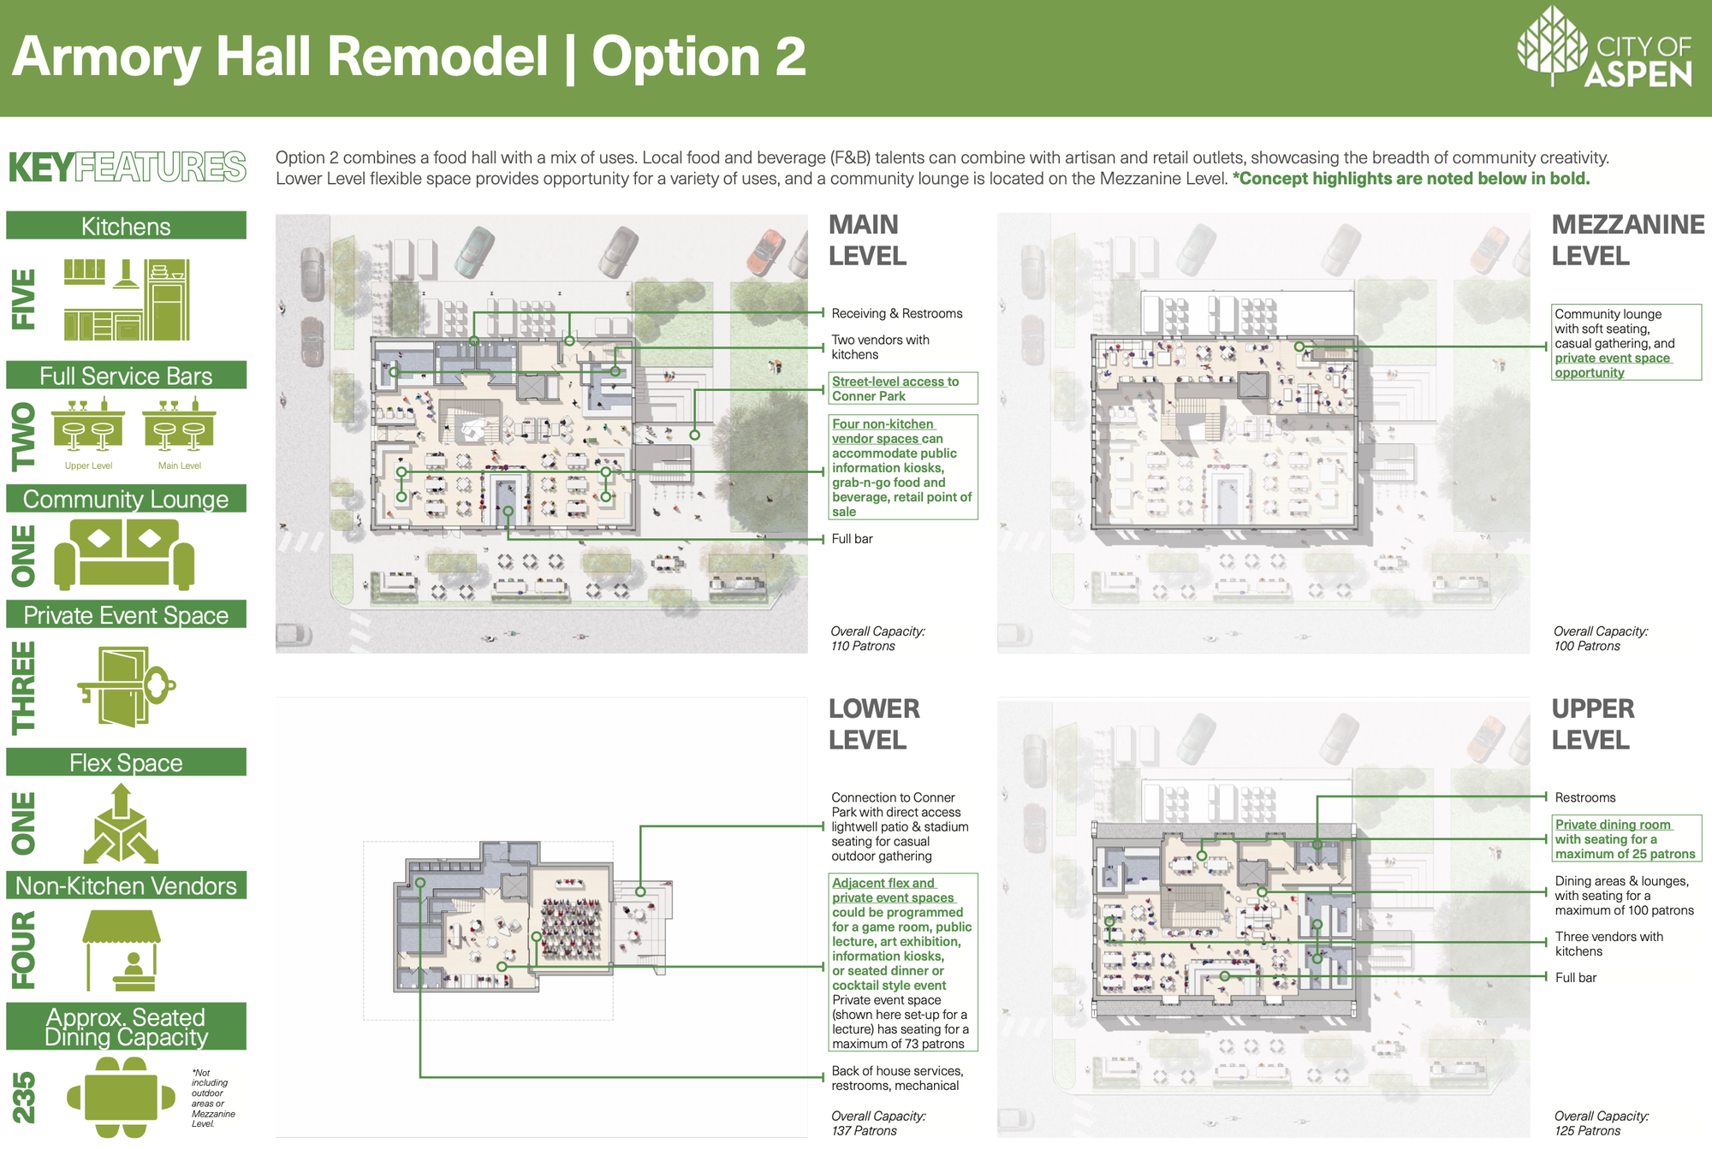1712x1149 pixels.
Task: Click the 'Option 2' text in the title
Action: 698,56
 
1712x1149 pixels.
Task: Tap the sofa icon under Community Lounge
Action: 124,554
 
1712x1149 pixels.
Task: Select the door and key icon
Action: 127,686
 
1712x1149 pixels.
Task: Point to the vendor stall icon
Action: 122,950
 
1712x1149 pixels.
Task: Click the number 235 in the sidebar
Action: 24,1097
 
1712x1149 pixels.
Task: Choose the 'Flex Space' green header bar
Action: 126,762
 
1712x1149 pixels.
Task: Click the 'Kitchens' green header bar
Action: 126,226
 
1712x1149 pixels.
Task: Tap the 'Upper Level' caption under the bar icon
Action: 89,465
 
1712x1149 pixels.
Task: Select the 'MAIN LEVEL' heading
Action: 867,240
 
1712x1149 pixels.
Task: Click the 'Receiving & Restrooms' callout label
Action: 897,313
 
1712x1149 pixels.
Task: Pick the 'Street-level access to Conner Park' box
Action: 903,388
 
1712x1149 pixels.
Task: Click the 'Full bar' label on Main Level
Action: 852,538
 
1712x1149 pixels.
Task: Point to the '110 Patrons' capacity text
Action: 863,646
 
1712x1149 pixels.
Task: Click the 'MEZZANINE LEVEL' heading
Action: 1628,240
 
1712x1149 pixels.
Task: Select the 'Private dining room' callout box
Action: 1626,838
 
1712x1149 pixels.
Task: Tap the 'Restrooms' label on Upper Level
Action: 1585,797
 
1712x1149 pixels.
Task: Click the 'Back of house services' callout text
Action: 897,1078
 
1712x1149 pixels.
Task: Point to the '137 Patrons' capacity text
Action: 864,1130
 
